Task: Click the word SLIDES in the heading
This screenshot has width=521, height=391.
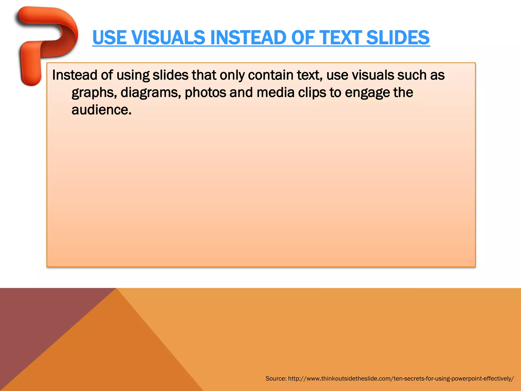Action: tap(398, 37)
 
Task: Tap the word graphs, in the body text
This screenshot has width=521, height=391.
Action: tap(94, 93)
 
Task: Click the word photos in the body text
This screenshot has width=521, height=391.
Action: tap(205, 92)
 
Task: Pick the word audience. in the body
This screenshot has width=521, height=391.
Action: tap(102, 110)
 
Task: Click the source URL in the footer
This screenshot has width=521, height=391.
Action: tap(401, 379)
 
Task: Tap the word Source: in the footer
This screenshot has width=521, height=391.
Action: tap(276, 379)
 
